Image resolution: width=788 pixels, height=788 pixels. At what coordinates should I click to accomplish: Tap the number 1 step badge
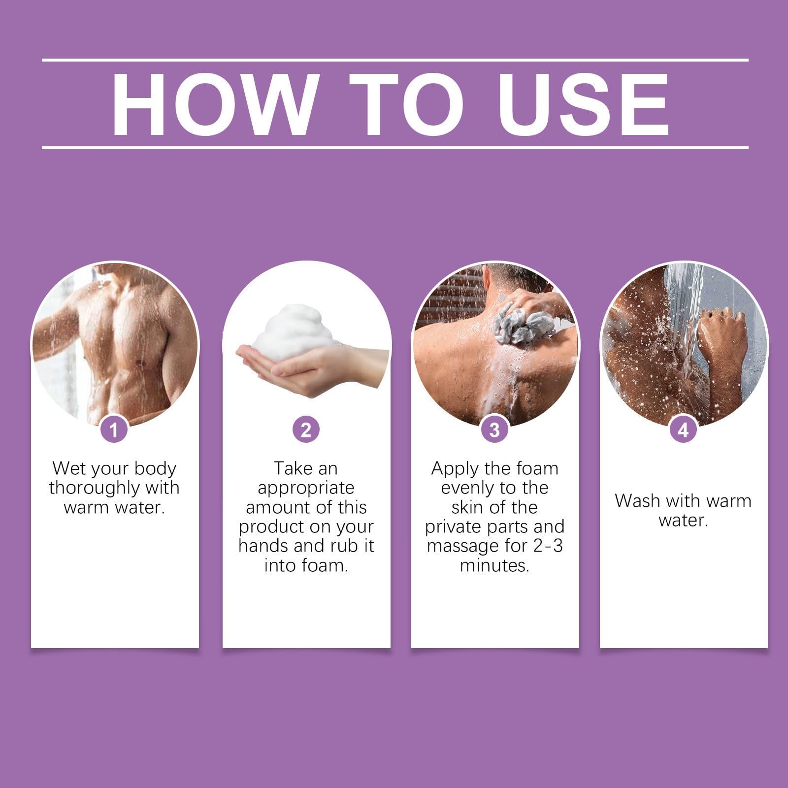coord(114,430)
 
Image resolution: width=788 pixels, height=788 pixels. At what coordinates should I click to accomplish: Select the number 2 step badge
coord(306,430)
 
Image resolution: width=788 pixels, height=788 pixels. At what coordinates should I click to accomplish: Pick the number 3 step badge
coord(495,430)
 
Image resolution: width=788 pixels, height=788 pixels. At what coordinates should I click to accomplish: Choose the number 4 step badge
coord(684,430)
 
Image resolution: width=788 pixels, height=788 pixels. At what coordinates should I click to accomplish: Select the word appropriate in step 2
coord(306,489)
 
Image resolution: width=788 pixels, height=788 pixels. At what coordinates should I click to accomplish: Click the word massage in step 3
coord(463,546)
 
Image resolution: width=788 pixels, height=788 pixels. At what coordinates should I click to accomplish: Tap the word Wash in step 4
coord(636,501)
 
